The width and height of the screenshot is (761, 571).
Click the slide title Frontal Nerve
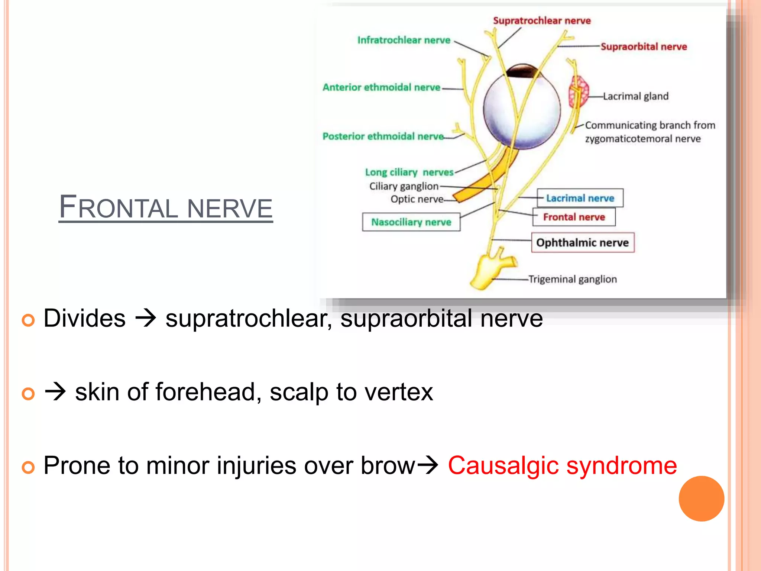166,207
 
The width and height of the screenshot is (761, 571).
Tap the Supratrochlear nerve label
541,21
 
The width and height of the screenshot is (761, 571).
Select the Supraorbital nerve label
644,47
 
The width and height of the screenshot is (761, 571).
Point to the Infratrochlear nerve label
404,40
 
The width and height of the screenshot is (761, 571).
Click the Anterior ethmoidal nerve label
381,87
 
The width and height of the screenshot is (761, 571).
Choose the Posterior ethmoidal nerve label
383,136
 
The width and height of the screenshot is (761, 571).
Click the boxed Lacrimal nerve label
580,198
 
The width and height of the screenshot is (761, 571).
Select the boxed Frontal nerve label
574,217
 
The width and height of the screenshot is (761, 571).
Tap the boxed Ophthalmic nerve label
582,243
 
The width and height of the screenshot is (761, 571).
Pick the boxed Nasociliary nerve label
411,222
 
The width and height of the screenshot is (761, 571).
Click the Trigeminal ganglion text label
572,279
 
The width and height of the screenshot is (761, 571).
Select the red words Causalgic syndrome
562,465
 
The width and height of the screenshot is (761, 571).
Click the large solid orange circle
701,499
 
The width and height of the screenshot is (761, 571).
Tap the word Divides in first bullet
85,319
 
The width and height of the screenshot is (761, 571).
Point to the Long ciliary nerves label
409,172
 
